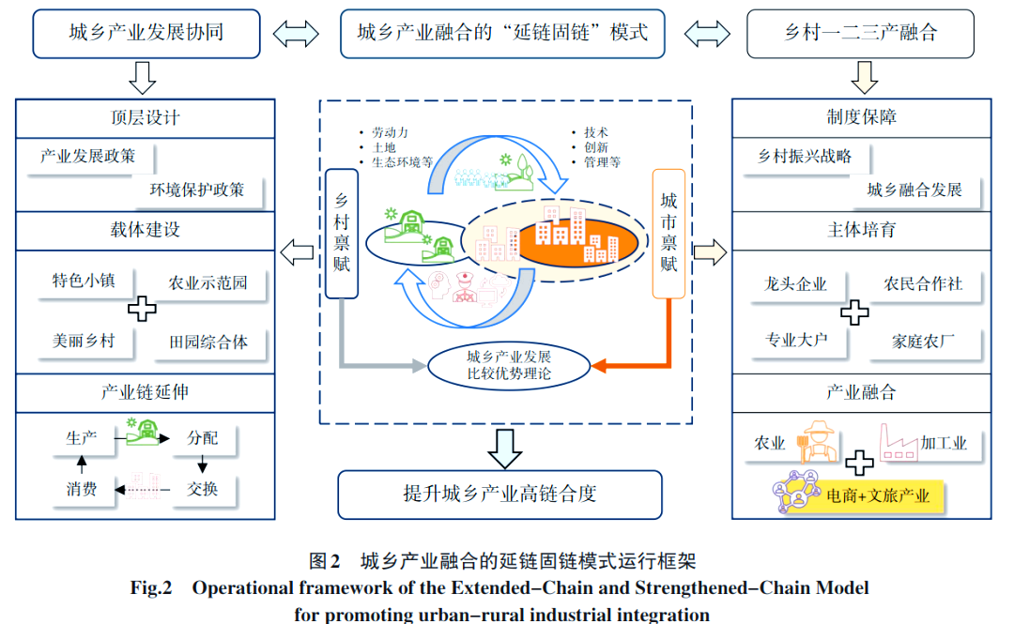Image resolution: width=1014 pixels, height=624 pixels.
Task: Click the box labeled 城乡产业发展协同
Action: tap(146, 33)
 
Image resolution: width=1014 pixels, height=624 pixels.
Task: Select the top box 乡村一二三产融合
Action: tap(861, 33)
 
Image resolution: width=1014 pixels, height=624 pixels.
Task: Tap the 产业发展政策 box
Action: tap(87, 157)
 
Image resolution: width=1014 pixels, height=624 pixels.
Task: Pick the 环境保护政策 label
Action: tap(197, 190)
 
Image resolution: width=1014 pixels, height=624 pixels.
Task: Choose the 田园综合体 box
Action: tap(208, 342)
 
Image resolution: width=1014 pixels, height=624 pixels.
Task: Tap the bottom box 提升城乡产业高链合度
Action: tap(499, 494)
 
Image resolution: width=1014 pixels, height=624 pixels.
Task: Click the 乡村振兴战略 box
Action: tap(805, 157)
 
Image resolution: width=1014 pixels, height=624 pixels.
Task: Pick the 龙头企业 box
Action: tap(796, 283)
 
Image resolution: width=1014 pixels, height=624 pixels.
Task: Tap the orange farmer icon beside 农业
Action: tap(815, 442)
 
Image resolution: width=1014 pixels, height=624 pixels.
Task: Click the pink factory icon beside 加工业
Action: tap(898, 442)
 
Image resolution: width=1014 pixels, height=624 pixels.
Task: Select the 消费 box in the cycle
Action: tap(82, 488)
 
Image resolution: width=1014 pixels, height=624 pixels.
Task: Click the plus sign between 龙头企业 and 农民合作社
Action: tap(854, 312)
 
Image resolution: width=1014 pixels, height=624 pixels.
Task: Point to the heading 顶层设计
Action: tap(146, 118)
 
